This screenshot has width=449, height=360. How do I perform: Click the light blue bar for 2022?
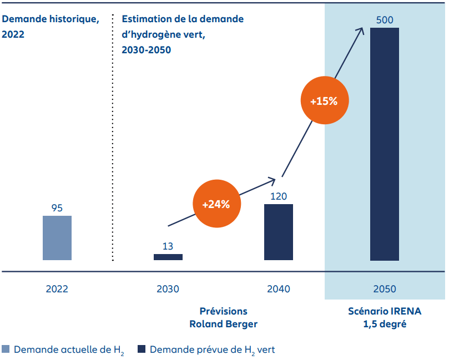57,238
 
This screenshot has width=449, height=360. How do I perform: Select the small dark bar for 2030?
168,257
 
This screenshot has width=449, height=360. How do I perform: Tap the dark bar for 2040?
279,232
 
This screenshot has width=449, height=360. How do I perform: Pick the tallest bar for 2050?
384,144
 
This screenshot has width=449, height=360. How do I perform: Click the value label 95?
57,208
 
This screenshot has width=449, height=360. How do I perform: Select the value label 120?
279,196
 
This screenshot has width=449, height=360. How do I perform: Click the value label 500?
384,21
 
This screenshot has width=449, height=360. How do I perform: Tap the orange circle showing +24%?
216,204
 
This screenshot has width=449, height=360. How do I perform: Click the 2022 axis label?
57,289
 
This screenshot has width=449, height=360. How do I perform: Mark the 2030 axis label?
168,289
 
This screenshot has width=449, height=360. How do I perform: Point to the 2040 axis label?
279,289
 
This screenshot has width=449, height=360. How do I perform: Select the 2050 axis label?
384,289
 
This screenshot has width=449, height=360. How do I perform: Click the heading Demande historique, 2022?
51,26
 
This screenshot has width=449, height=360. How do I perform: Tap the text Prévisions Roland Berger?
223,317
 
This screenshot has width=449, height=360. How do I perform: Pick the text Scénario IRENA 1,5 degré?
384,317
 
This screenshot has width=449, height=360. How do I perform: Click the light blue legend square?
6,349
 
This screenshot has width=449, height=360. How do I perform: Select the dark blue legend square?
142,349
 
